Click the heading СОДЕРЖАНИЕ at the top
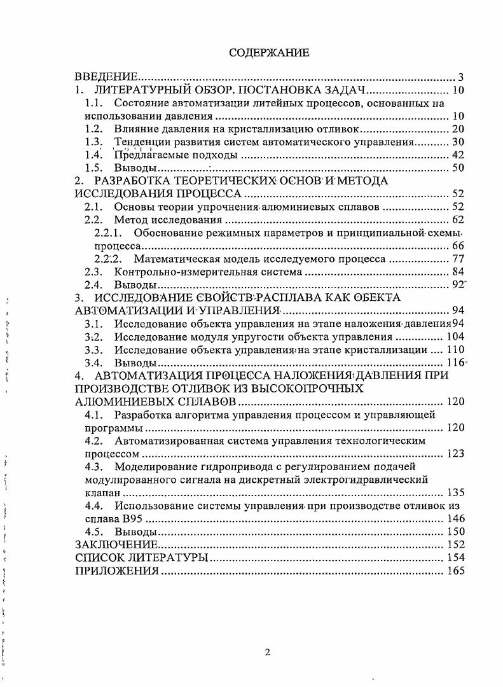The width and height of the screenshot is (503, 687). click(269, 53)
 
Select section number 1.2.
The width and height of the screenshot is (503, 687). click(94, 128)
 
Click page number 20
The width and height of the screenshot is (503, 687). click(458, 129)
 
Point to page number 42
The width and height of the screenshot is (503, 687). click(458, 155)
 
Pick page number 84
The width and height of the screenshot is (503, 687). click(458, 273)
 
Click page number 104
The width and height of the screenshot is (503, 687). click(456, 337)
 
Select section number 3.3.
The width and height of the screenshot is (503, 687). click(94, 350)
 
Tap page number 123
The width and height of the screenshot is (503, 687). click(456, 454)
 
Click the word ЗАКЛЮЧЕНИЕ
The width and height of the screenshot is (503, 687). click(116, 545)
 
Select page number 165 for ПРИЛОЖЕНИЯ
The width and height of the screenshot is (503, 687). click(456, 571)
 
